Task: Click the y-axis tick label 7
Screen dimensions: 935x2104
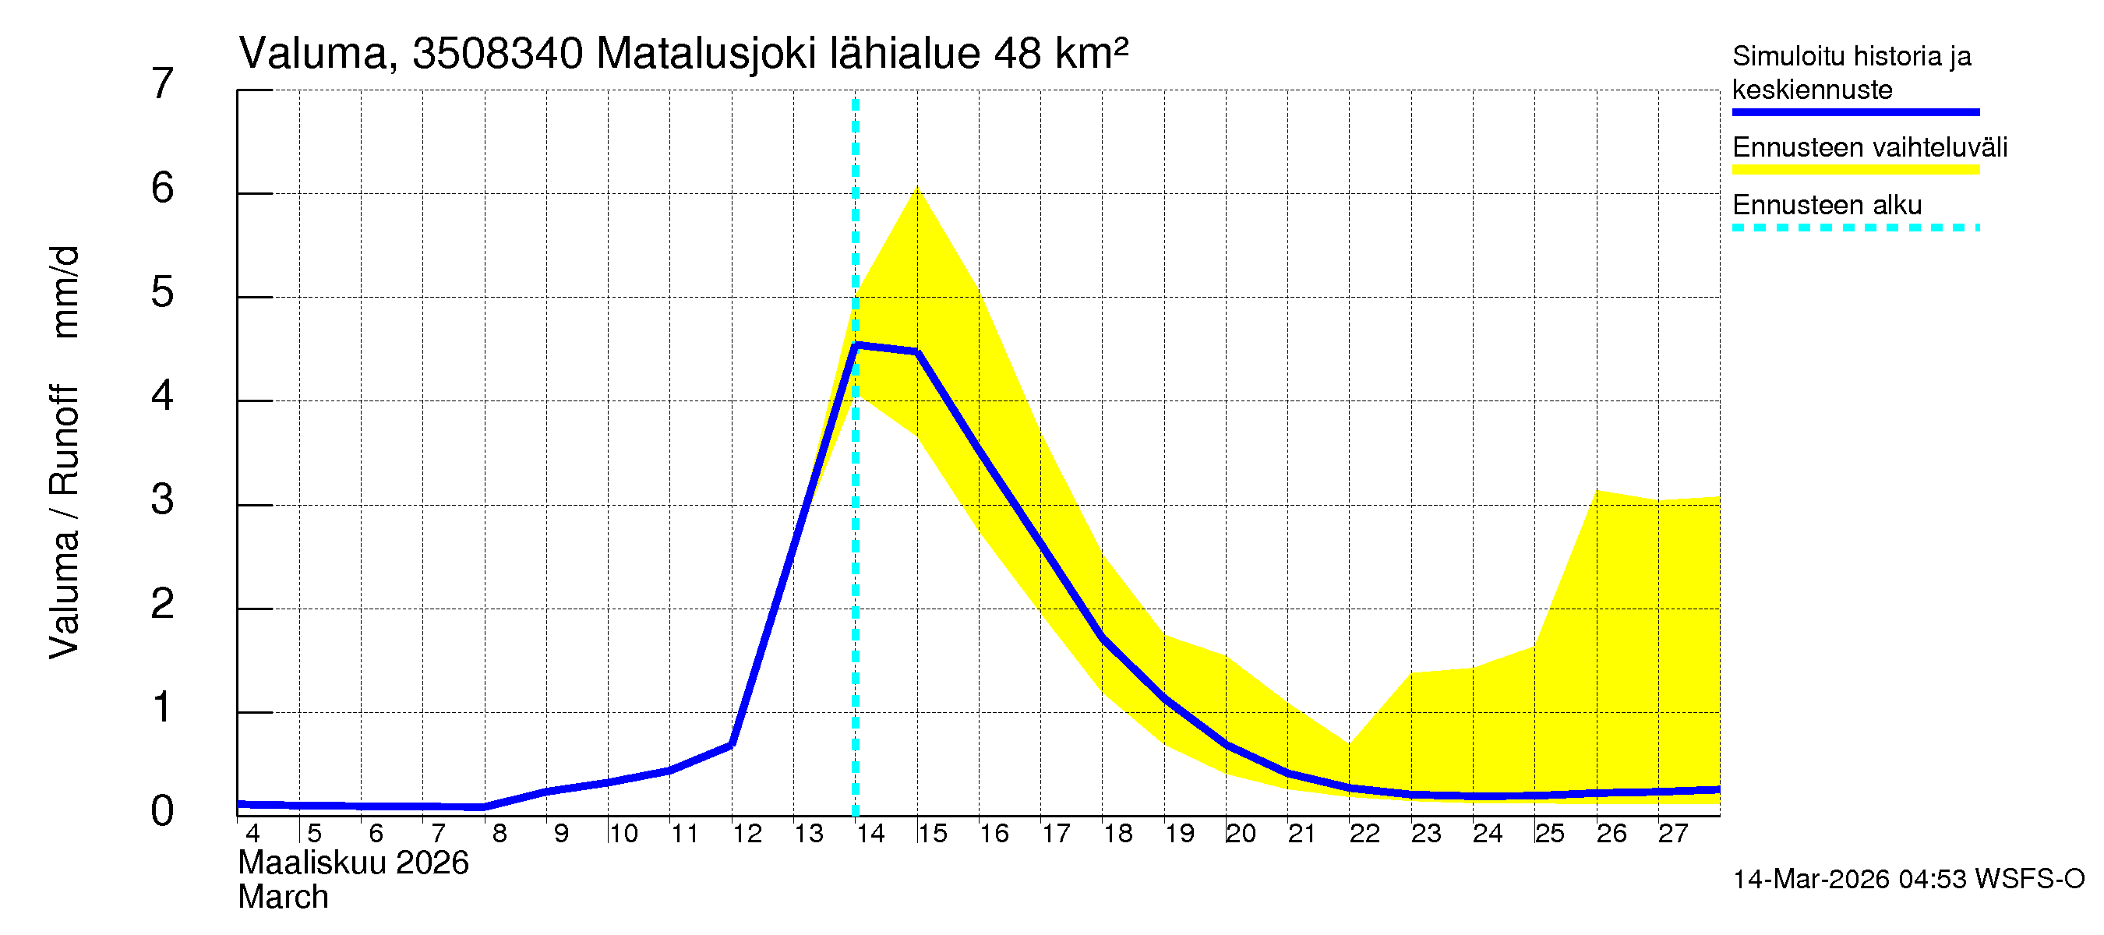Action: [x=163, y=84]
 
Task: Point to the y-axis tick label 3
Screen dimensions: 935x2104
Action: [x=163, y=499]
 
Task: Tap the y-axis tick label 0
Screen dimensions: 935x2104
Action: [x=163, y=812]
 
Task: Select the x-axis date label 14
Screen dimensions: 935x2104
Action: [x=870, y=834]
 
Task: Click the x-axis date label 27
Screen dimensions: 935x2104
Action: [x=1672, y=834]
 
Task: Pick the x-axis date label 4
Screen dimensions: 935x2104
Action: [x=252, y=834]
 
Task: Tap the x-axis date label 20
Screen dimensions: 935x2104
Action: [x=1240, y=834]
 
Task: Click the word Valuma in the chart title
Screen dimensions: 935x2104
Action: [x=312, y=54]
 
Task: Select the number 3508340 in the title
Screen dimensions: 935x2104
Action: [x=497, y=54]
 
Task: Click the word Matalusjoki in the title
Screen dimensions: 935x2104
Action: [x=707, y=54]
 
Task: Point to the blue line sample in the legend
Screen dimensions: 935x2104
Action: [x=1855, y=112]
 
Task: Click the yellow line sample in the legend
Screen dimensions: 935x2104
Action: [x=1855, y=170]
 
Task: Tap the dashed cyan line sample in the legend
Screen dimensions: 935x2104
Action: [x=1855, y=228]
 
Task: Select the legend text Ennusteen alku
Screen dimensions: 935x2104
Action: [x=1827, y=205]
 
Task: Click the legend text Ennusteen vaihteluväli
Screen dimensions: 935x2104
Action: [x=1869, y=148]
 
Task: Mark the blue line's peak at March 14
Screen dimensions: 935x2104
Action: [x=855, y=345]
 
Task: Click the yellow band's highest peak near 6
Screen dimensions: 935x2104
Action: [x=917, y=189]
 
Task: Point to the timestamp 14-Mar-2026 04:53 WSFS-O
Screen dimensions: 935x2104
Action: [x=1908, y=880]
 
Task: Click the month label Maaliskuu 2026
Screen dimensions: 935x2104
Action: [x=353, y=863]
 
